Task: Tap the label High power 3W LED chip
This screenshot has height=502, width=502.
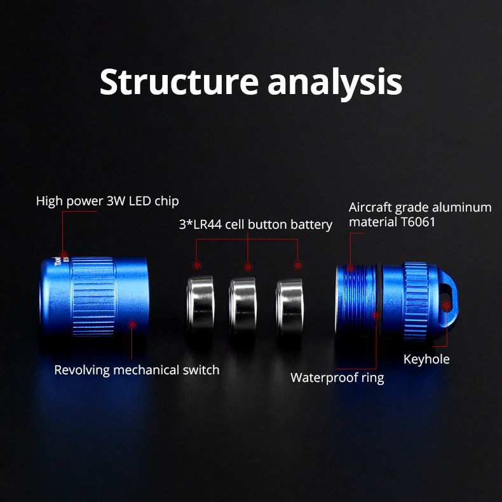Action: coord(107,201)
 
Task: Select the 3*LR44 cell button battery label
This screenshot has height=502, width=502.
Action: coord(254,224)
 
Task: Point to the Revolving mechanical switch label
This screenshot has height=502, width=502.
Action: coord(137,370)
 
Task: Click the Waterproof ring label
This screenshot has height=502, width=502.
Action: coord(337,377)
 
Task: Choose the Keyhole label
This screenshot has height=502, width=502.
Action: coord(426,360)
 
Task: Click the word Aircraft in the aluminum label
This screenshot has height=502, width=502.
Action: coord(370,208)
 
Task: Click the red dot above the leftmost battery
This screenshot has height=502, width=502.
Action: coord(197,265)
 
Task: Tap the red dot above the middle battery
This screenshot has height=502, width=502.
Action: coord(248,267)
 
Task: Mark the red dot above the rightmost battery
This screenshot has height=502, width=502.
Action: coord(297,265)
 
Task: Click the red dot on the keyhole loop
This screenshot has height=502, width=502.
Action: coord(447,306)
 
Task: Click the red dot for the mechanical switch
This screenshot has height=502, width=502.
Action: coord(132,325)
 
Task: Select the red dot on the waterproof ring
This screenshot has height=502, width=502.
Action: coord(376,315)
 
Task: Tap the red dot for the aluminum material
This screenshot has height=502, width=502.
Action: coord(350,269)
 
